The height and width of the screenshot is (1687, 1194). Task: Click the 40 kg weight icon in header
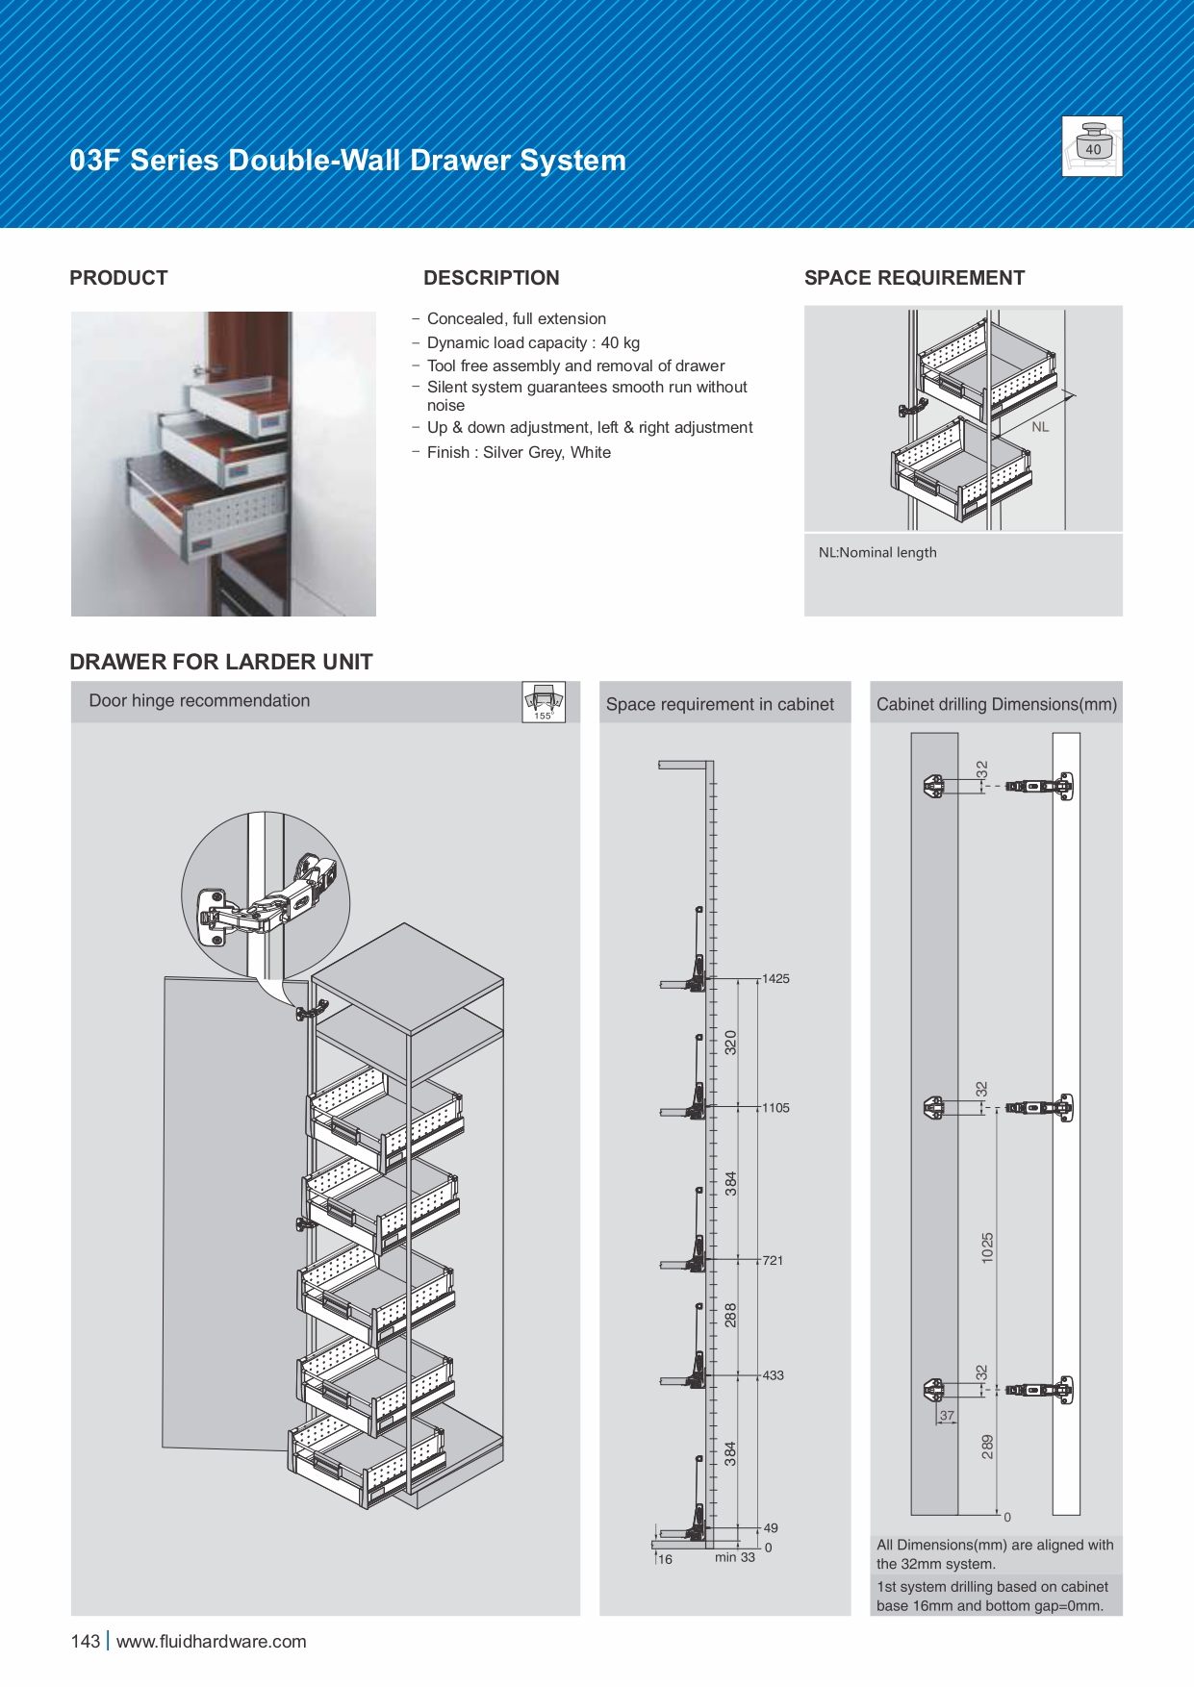1092,146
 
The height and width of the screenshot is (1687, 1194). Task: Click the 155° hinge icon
544,702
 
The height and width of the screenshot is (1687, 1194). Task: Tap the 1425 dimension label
775,979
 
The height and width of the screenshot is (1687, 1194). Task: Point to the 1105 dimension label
775,1108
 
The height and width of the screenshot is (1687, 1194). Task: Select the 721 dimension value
773,1260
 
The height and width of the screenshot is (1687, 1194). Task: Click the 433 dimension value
773,1375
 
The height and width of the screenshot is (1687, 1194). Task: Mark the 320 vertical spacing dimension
730,1043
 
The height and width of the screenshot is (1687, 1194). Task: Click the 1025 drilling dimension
987,1247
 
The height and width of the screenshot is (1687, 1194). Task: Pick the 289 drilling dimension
987,1447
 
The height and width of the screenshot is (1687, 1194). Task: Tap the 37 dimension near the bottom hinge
948,1416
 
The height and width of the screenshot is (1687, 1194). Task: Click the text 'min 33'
735,1557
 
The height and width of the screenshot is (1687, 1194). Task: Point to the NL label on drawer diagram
1040,427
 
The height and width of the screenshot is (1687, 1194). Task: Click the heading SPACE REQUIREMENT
914,278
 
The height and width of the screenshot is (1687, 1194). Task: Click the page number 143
85,1642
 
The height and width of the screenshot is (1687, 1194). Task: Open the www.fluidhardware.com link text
212,1642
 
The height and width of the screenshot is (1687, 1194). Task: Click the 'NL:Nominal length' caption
877,552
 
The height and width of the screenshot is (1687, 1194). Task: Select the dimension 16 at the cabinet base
665,1559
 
